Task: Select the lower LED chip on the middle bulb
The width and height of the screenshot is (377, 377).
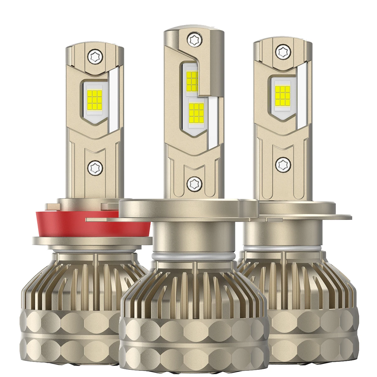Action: click(196, 112)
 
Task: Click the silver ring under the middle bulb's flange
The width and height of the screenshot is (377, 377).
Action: click(193, 256)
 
